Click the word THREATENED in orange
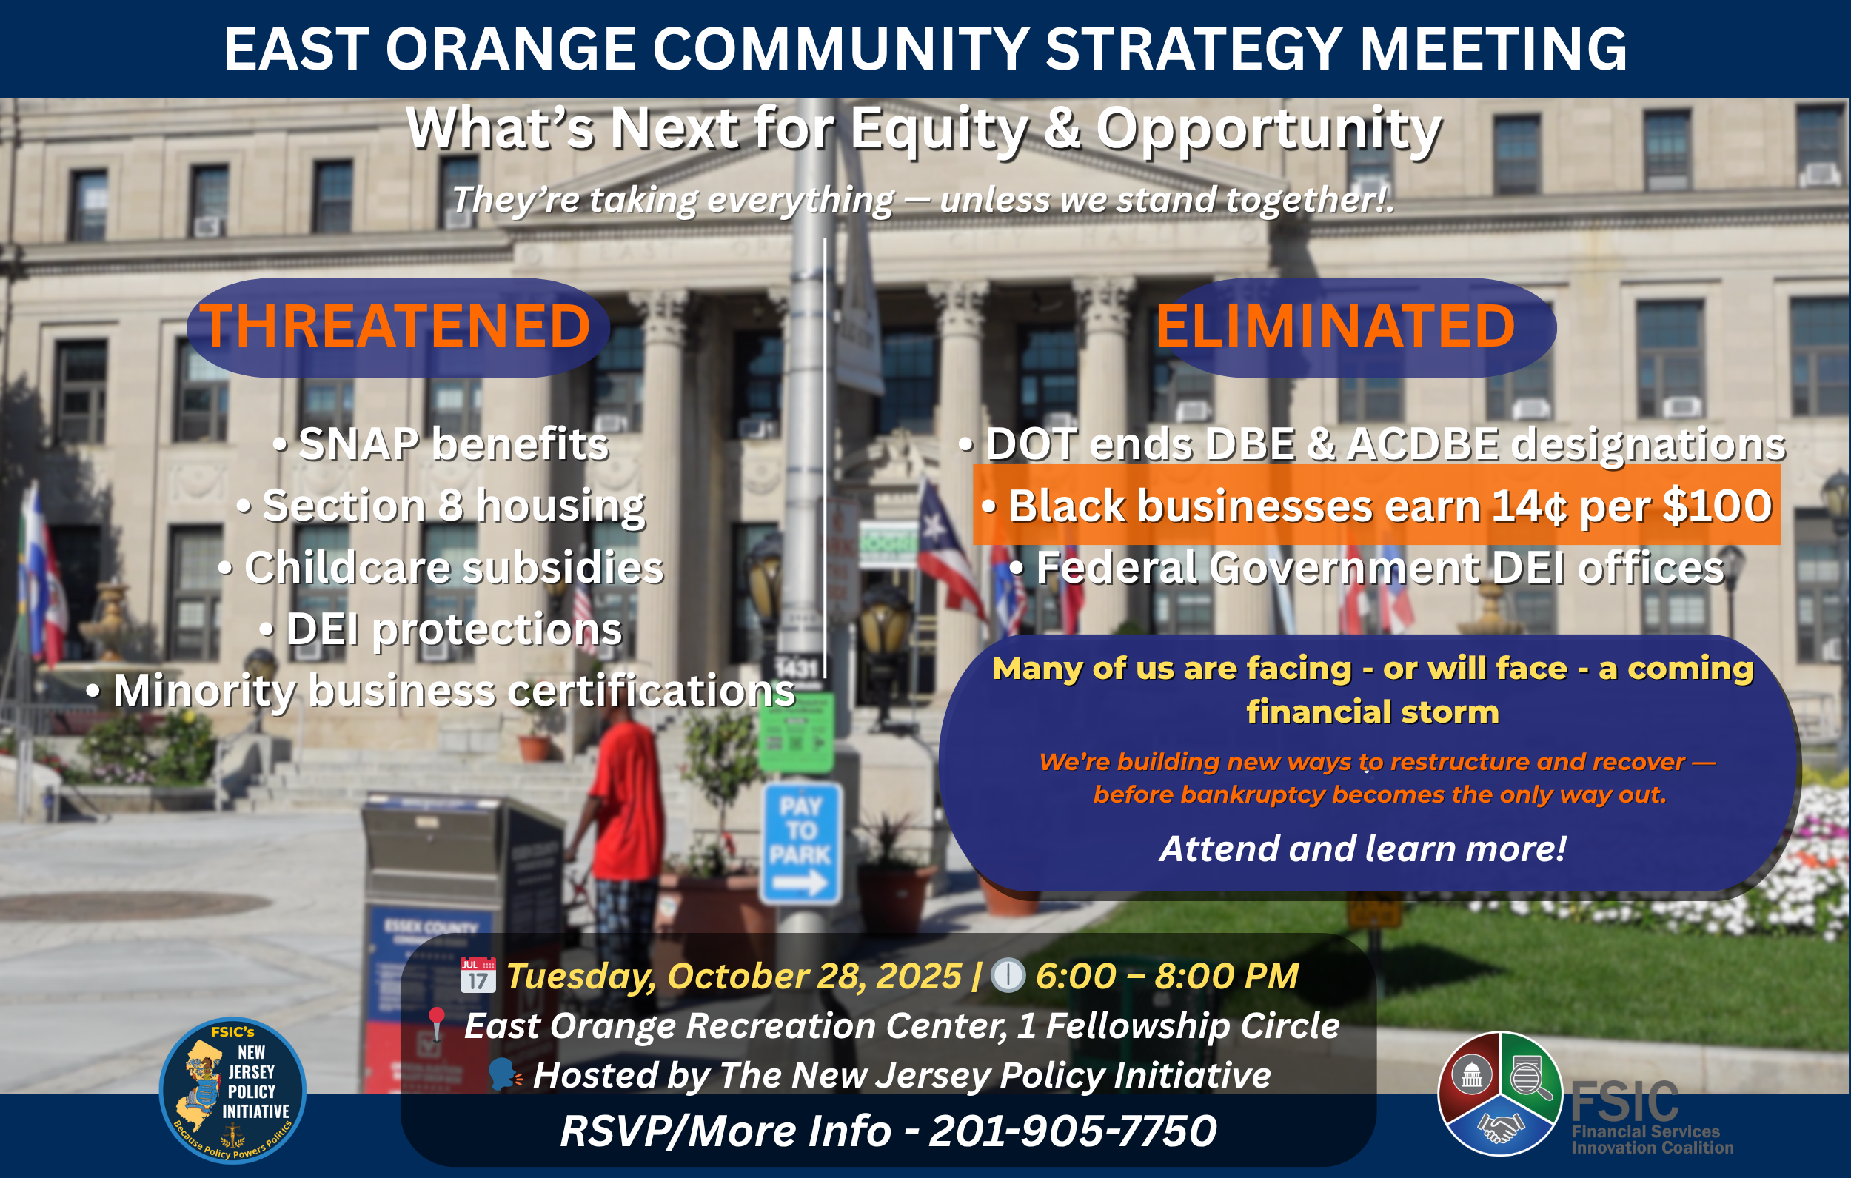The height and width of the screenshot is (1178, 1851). pyautogui.click(x=396, y=326)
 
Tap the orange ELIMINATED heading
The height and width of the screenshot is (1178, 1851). pyautogui.click(x=1335, y=326)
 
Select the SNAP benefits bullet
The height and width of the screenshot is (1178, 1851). pyautogui.click(x=441, y=444)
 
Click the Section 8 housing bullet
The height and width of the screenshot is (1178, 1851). pyautogui.click(x=441, y=506)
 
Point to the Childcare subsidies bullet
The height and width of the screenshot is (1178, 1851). pyautogui.click(x=441, y=567)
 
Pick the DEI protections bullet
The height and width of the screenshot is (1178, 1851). pyautogui.click(x=441, y=629)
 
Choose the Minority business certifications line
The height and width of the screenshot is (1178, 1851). pyautogui.click(x=441, y=691)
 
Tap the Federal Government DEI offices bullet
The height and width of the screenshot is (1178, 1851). pyautogui.click(x=1367, y=567)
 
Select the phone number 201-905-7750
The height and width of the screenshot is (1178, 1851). pyautogui.click(x=1073, y=1131)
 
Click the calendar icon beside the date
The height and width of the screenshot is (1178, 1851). pyautogui.click(x=478, y=975)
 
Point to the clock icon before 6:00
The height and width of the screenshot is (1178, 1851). pyautogui.click(x=1008, y=975)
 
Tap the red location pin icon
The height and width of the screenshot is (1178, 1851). pyautogui.click(x=437, y=1025)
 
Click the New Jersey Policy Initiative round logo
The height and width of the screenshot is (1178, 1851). pyautogui.click(x=232, y=1091)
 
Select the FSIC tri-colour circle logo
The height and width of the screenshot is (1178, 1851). pyautogui.click(x=1500, y=1094)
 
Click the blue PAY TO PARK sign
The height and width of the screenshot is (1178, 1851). pyautogui.click(x=801, y=843)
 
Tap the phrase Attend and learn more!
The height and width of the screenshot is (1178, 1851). pyautogui.click(x=1363, y=849)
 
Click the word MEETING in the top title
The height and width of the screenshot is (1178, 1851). pyautogui.click(x=1493, y=49)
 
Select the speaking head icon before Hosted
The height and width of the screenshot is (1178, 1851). pyautogui.click(x=505, y=1075)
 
